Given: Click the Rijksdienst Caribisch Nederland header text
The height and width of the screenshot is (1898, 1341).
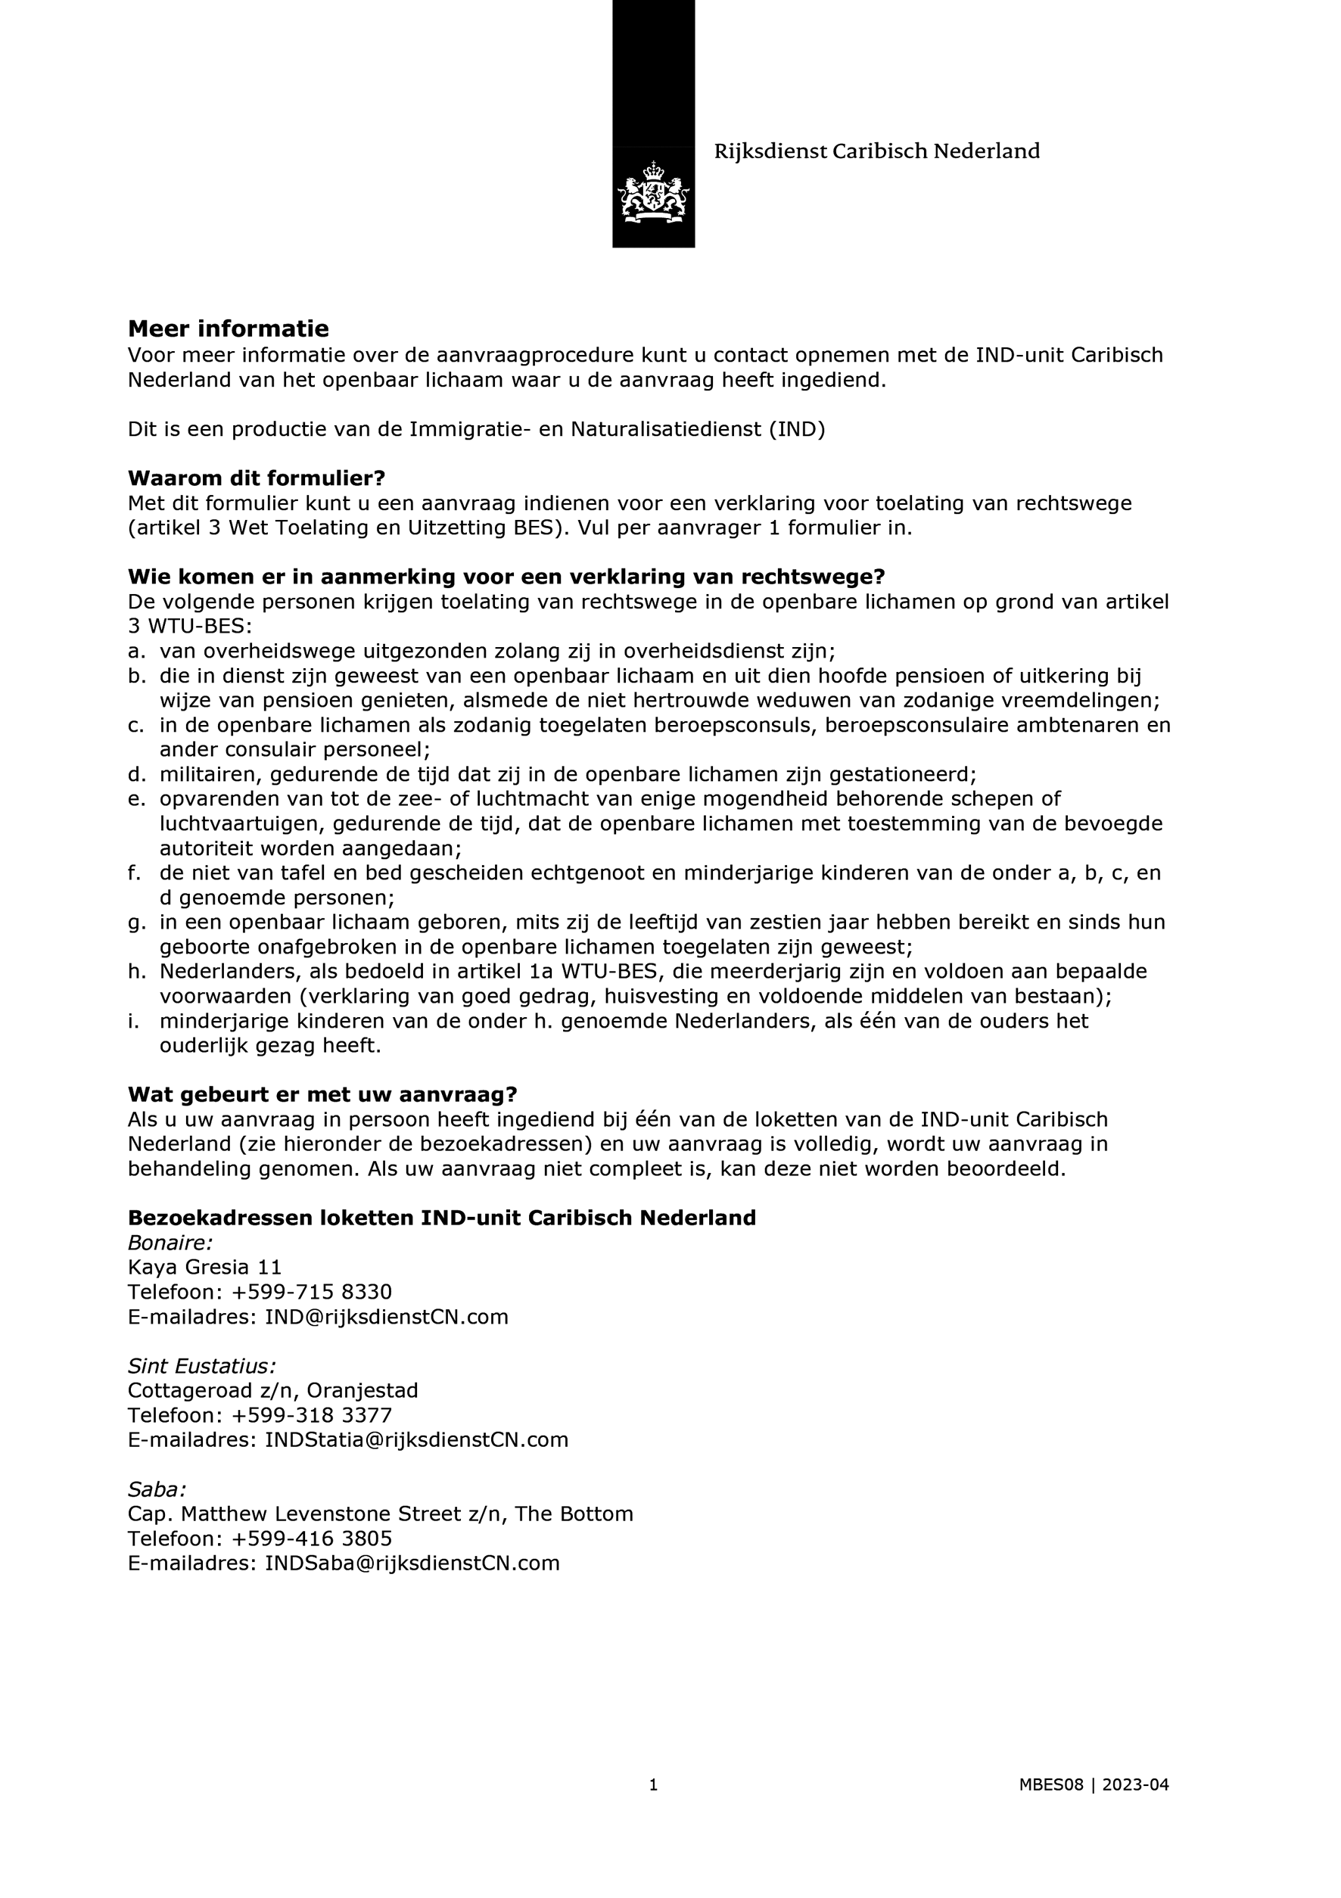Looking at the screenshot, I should (876, 151).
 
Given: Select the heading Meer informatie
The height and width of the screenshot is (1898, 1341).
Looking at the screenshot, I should (229, 329).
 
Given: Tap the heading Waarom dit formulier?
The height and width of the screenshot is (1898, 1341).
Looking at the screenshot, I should (257, 478).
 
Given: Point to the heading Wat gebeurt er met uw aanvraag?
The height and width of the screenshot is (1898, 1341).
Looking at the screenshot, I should (322, 1094).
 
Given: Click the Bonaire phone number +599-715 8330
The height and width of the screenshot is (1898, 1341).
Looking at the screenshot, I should (312, 1292).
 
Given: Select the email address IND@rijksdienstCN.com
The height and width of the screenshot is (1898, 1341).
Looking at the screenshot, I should (386, 1317).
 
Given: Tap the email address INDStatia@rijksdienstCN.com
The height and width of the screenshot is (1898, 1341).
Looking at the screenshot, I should (416, 1440).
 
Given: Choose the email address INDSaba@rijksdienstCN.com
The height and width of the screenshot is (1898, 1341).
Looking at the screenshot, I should (412, 1564).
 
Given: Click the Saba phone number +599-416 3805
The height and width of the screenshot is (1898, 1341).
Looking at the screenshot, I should (312, 1539).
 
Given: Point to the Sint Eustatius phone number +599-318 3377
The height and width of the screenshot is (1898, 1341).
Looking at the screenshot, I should (312, 1415).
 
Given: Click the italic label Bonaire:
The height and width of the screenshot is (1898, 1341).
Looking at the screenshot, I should (170, 1243).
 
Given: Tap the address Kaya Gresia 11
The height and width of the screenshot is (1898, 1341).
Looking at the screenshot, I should (204, 1268).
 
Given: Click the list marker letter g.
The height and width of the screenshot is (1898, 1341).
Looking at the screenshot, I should (135, 923).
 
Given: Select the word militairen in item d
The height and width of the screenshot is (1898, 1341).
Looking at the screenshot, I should (208, 775).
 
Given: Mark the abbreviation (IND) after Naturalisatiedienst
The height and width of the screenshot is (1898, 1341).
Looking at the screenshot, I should (797, 430).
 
